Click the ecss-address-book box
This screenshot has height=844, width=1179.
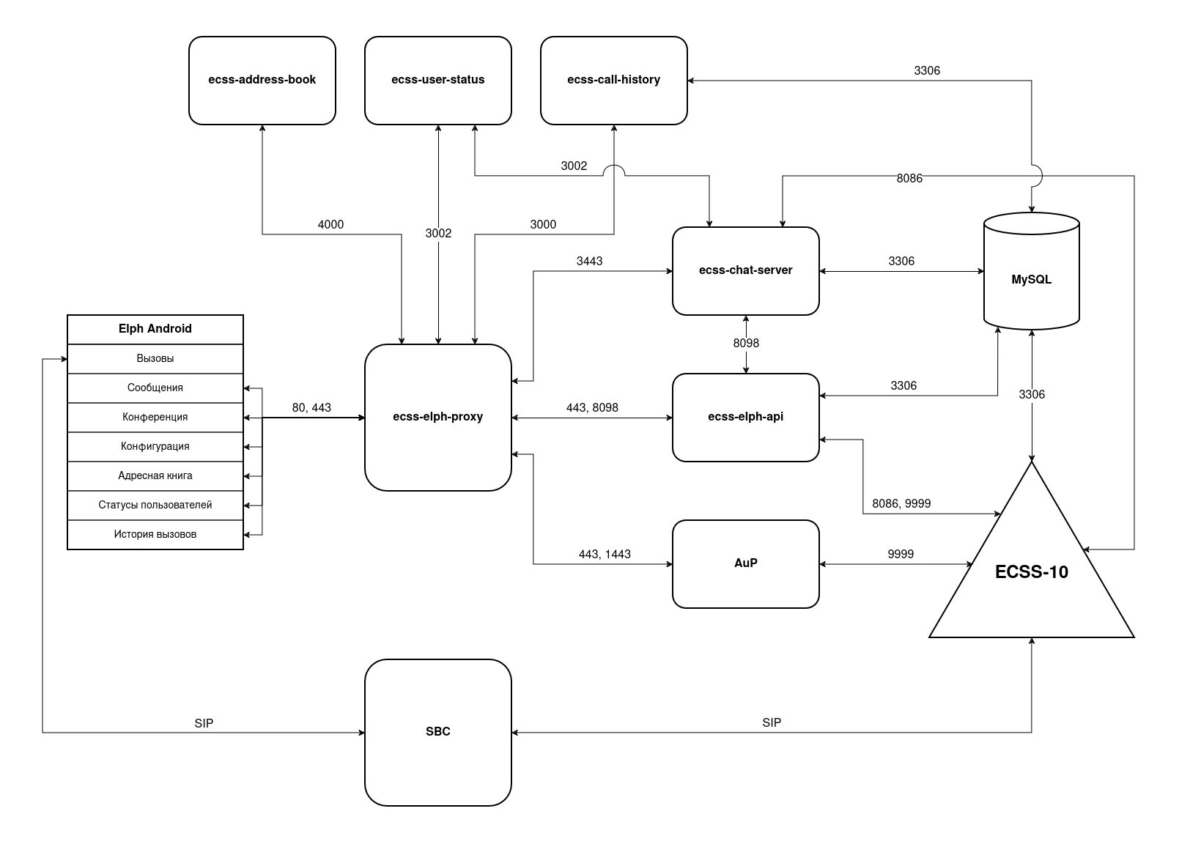pyautogui.click(x=262, y=80)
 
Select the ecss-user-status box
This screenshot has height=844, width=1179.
pyautogui.click(x=437, y=80)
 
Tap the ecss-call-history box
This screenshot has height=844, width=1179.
pyautogui.click(x=613, y=80)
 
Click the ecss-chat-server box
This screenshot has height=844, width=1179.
pyautogui.click(x=745, y=270)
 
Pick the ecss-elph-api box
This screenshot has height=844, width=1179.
pyautogui.click(x=745, y=417)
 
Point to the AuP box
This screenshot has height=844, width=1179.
pyautogui.click(x=745, y=563)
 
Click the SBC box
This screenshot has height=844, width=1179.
pyautogui.click(x=437, y=732)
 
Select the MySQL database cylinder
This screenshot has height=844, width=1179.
pyautogui.click(x=1031, y=279)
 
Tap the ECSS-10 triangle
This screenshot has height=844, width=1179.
pyautogui.click(x=1031, y=572)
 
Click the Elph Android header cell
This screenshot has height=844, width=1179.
pyautogui.click(x=155, y=329)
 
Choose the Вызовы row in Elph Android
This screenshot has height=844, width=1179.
pyautogui.click(x=155, y=359)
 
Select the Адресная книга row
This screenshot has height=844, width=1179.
pyautogui.click(x=155, y=476)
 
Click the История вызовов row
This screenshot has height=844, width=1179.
pyautogui.click(x=155, y=535)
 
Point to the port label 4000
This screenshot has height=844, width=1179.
pyautogui.click(x=330, y=225)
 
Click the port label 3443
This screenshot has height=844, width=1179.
pyautogui.click(x=589, y=262)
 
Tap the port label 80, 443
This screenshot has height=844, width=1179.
pyautogui.click(x=311, y=408)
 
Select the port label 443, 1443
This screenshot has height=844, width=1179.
pyautogui.click(x=605, y=555)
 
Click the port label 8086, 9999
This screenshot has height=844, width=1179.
pyautogui.click(x=901, y=504)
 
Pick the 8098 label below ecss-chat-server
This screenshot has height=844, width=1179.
pyautogui.click(x=746, y=344)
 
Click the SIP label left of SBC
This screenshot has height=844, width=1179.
pyautogui.click(x=204, y=724)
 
